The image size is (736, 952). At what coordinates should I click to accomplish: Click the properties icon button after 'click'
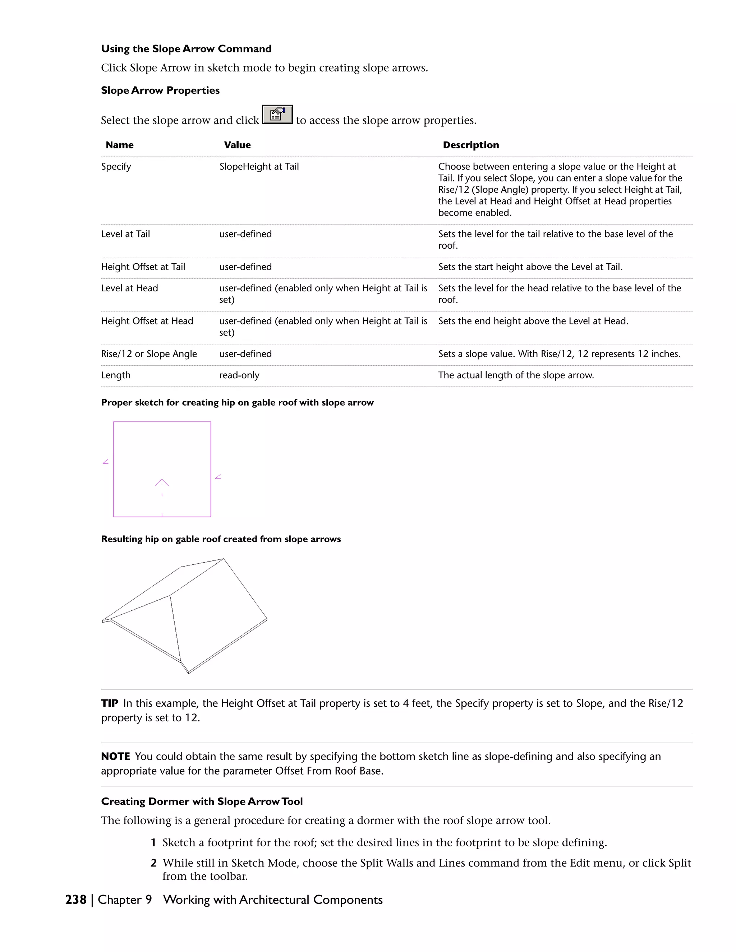[x=277, y=115]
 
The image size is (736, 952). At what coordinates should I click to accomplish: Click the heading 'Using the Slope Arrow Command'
[x=186, y=49]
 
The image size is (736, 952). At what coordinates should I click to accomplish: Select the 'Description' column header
[x=470, y=145]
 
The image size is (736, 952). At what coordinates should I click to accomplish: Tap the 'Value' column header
[x=237, y=145]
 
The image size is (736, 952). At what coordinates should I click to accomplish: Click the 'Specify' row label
[x=116, y=167]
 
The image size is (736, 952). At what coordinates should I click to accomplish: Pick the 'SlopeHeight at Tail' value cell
[x=259, y=167]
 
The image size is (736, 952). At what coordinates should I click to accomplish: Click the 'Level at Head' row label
[x=129, y=288]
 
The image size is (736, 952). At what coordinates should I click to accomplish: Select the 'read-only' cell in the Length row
[x=239, y=375]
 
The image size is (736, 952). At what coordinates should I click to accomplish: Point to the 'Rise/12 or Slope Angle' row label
[x=149, y=354]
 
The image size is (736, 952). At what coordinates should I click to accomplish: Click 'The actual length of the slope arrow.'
[x=516, y=375]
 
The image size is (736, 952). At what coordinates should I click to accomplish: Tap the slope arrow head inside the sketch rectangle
[x=162, y=482]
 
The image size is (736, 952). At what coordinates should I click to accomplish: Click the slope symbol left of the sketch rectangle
[x=106, y=462]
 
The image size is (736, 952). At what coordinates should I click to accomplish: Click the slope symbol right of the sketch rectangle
[x=218, y=477]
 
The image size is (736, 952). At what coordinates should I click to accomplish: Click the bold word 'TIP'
[x=110, y=703]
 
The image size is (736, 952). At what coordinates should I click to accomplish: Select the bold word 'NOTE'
[x=116, y=757]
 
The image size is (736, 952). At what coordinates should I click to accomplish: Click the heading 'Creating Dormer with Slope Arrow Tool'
[x=202, y=801]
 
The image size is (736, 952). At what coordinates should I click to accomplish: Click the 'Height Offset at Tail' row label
[x=143, y=267]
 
